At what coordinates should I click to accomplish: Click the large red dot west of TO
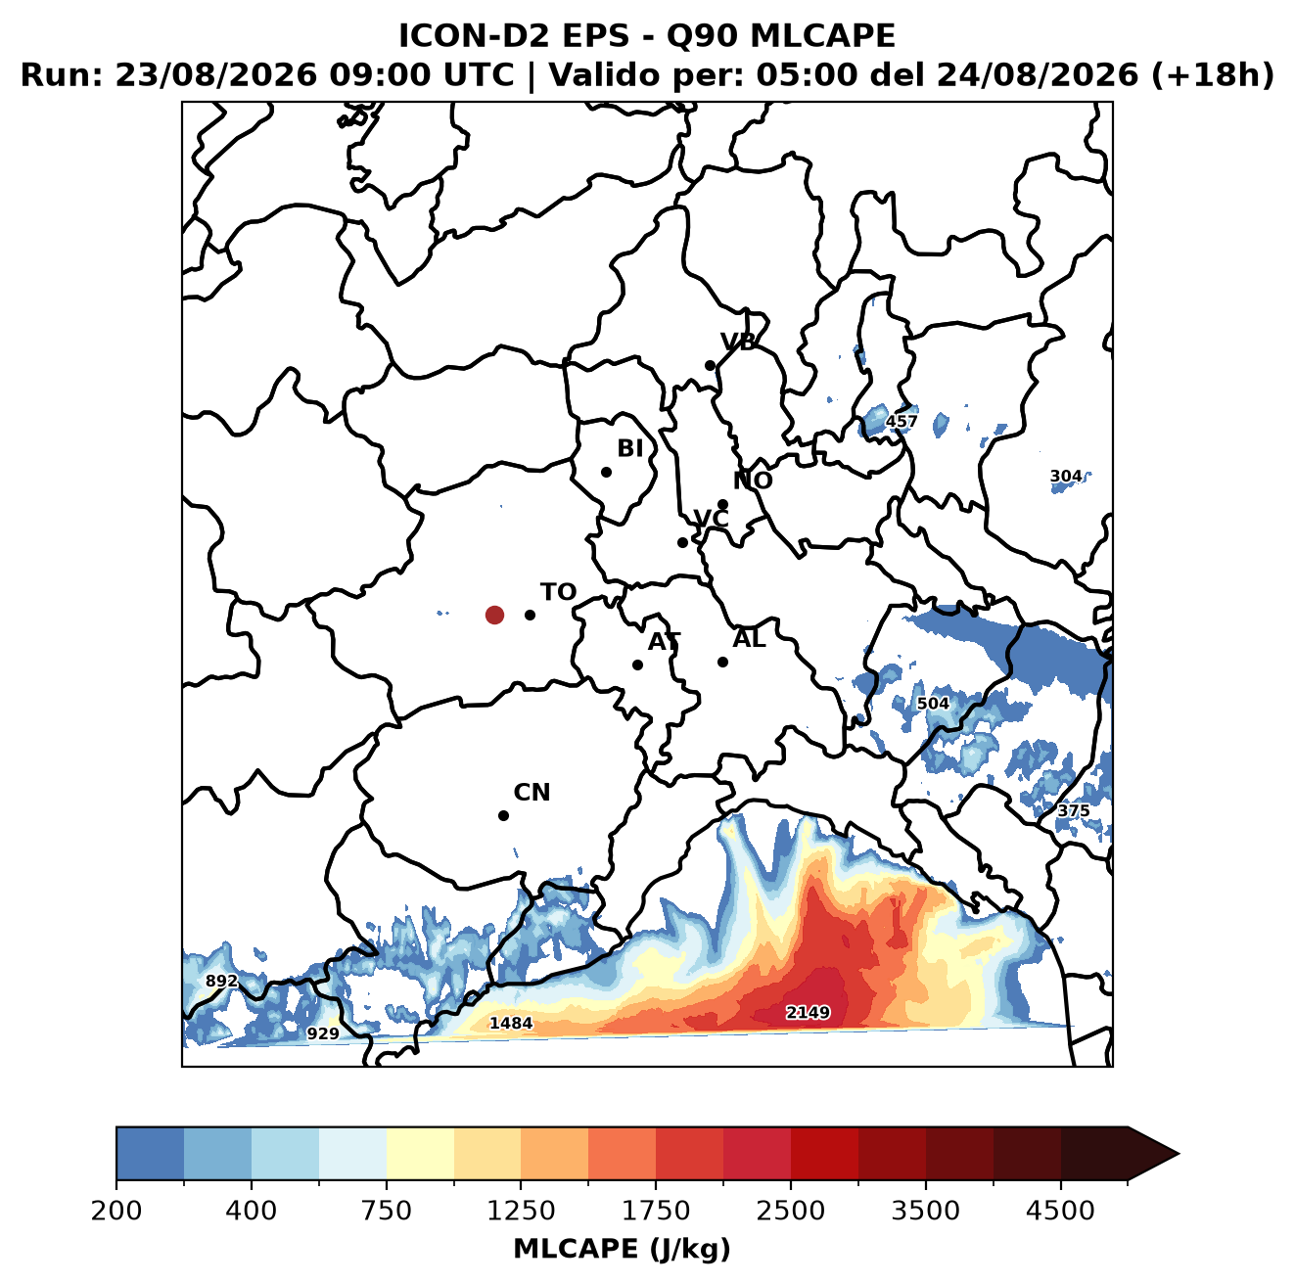point(494,615)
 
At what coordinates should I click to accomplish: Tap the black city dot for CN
point(503,815)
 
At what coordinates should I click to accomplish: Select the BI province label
point(629,448)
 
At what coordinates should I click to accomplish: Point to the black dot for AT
point(637,665)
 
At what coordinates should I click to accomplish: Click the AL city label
point(749,639)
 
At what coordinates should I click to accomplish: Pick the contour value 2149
point(808,1011)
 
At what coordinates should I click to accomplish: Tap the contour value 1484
point(511,1023)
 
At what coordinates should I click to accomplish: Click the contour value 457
point(902,421)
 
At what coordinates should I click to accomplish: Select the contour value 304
point(1066,477)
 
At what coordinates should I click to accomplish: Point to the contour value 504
point(933,704)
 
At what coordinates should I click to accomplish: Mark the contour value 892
point(222,981)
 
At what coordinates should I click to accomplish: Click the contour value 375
point(1073,810)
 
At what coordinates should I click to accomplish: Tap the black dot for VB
point(710,365)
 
